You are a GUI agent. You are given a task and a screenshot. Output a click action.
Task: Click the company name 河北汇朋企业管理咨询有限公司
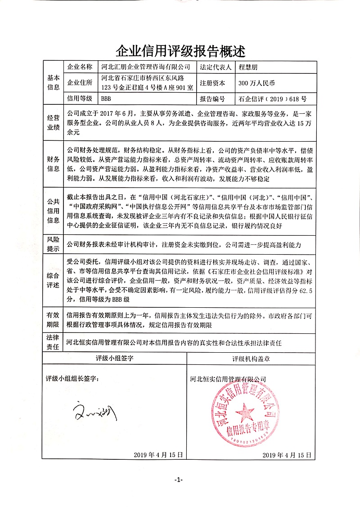[x=146, y=67]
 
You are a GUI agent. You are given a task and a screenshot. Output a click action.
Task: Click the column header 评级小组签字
[x=115, y=359]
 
